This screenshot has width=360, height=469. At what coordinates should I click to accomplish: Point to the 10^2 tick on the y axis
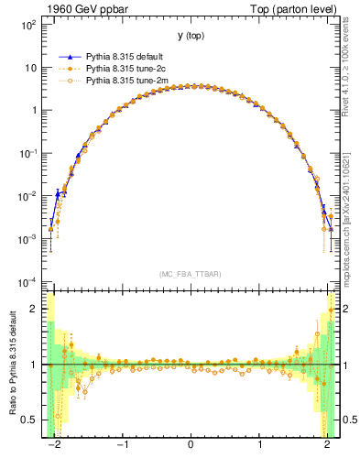tap(29, 26)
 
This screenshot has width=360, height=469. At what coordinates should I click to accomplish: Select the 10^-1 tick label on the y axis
tap(29, 154)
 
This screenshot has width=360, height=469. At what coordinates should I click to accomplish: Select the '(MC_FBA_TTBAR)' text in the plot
tap(191, 274)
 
